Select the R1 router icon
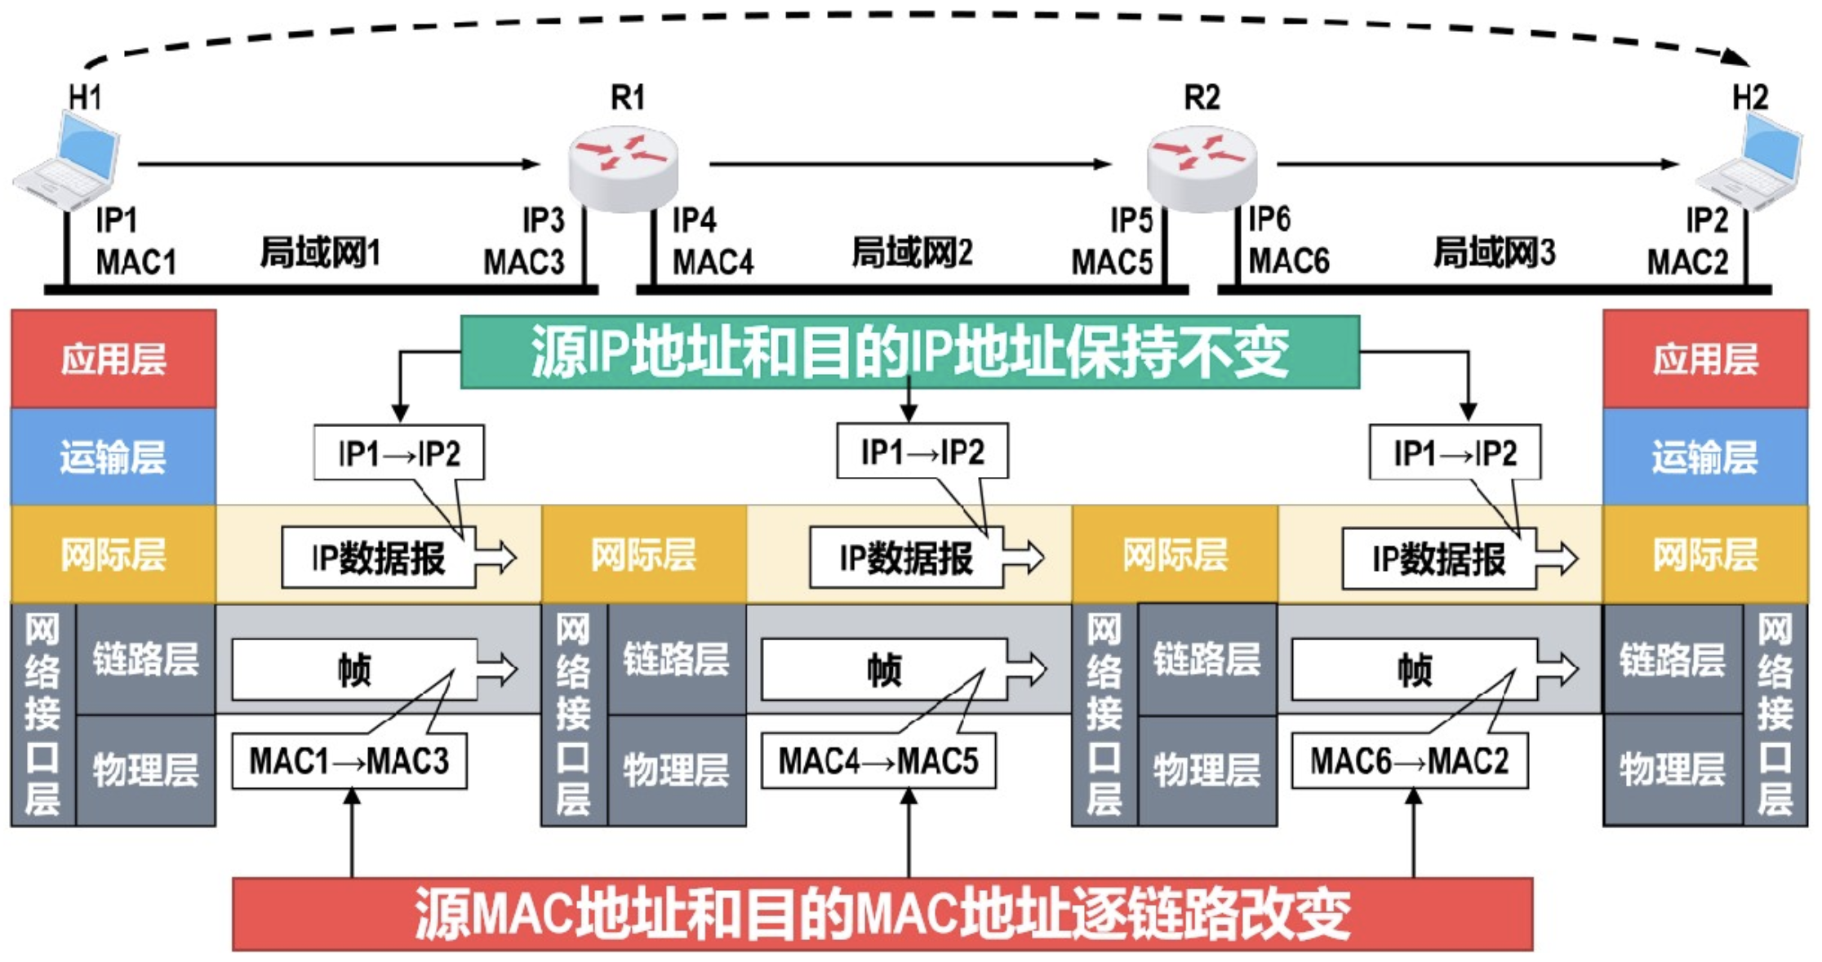(x=624, y=167)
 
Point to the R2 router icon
(x=1202, y=167)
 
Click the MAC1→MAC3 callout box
(x=349, y=761)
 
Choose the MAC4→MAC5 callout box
(x=878, y=761)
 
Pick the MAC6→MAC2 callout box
(x=1409, y=761)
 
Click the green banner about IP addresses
(x=909, y=352)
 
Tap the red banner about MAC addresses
(x=882, y=914)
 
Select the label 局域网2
(x=912, y=252)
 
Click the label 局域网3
(x=1494, y=252)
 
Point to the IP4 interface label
(x=694, y=220)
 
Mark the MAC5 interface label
(x=1112, y=262)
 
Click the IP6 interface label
(x=1270, y=220)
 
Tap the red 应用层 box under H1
(x=113, y=359)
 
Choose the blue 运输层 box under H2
(x=1705, y=457)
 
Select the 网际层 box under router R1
(x=644, y=554)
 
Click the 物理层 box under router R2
(x=1207, y=769)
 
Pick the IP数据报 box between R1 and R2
(x=906, y=559)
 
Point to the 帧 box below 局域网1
(x=354, y=670)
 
